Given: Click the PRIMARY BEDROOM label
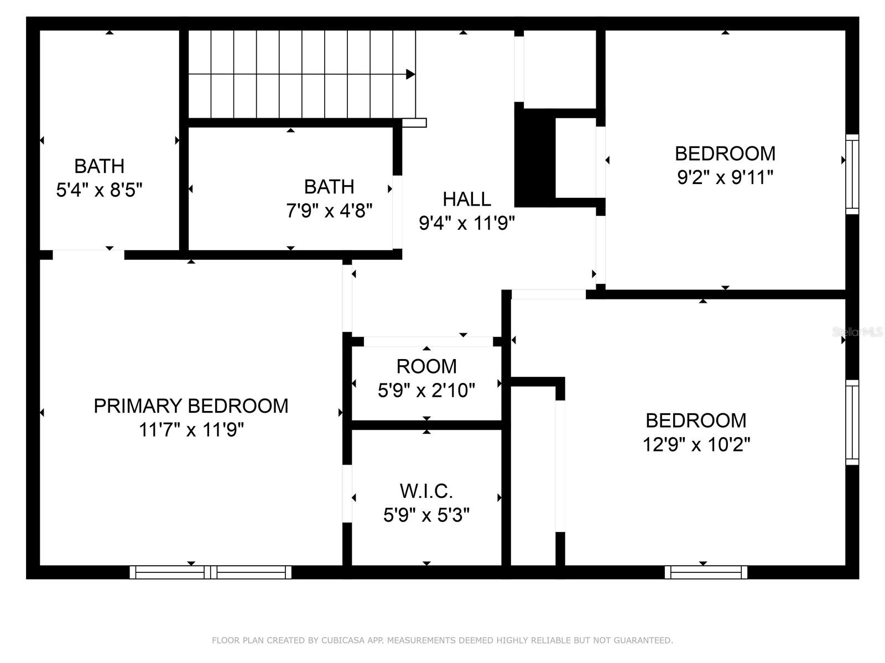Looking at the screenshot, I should [x=191, y=406].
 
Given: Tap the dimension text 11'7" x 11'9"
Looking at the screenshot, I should [x=191, y=430].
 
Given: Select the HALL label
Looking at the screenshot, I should [x=466, y=199].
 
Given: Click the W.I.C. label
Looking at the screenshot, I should [x=426, y=491].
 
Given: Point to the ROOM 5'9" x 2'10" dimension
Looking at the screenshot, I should [x=426, y=391].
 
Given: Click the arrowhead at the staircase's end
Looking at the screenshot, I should [x=410, y=74].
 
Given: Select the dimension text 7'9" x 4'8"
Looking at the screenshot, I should [x=329, y=211].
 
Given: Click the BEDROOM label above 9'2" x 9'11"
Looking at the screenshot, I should [x=725, y=153].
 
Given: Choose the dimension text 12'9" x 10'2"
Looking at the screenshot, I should [x=696, y=444].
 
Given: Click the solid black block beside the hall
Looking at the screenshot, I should [x=534, y=158].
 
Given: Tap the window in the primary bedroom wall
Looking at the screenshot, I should [x=210, y=572].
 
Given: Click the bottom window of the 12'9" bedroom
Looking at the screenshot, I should [x=706, y=572].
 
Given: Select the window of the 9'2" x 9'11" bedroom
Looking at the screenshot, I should [x=852, y=174].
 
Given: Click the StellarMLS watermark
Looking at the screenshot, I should [x=857, y=332].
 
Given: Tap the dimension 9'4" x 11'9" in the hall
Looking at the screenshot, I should [x=466, y=223].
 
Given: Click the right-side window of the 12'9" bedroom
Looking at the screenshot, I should [x=852, y=422].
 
